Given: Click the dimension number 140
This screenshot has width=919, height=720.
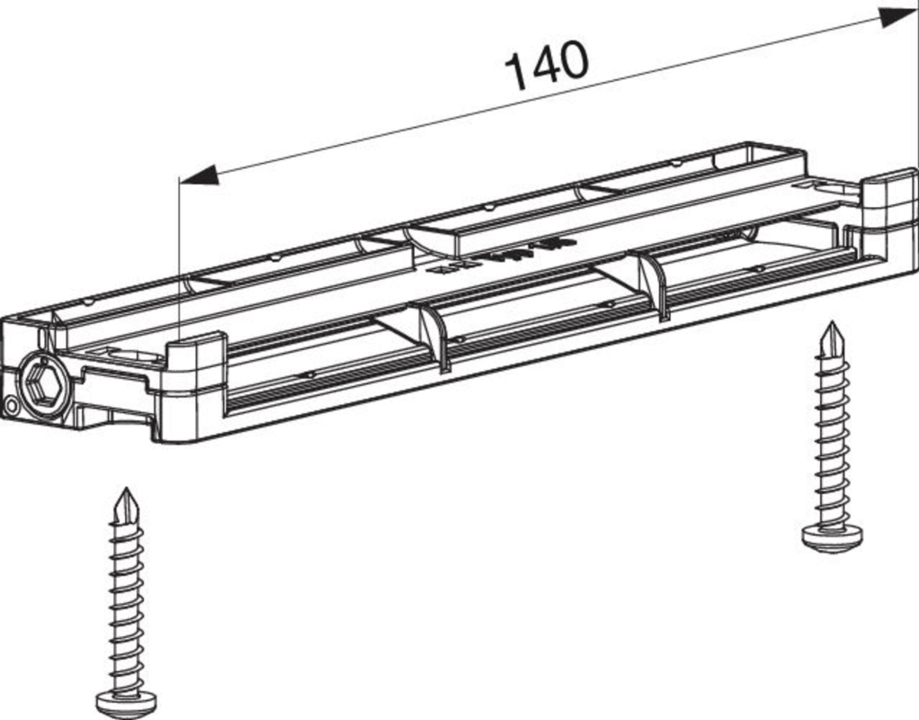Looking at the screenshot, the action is pos(546,66).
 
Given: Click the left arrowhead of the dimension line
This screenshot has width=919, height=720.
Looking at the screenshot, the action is pos(199,175).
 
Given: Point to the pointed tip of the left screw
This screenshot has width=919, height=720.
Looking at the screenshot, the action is pos(124,490).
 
